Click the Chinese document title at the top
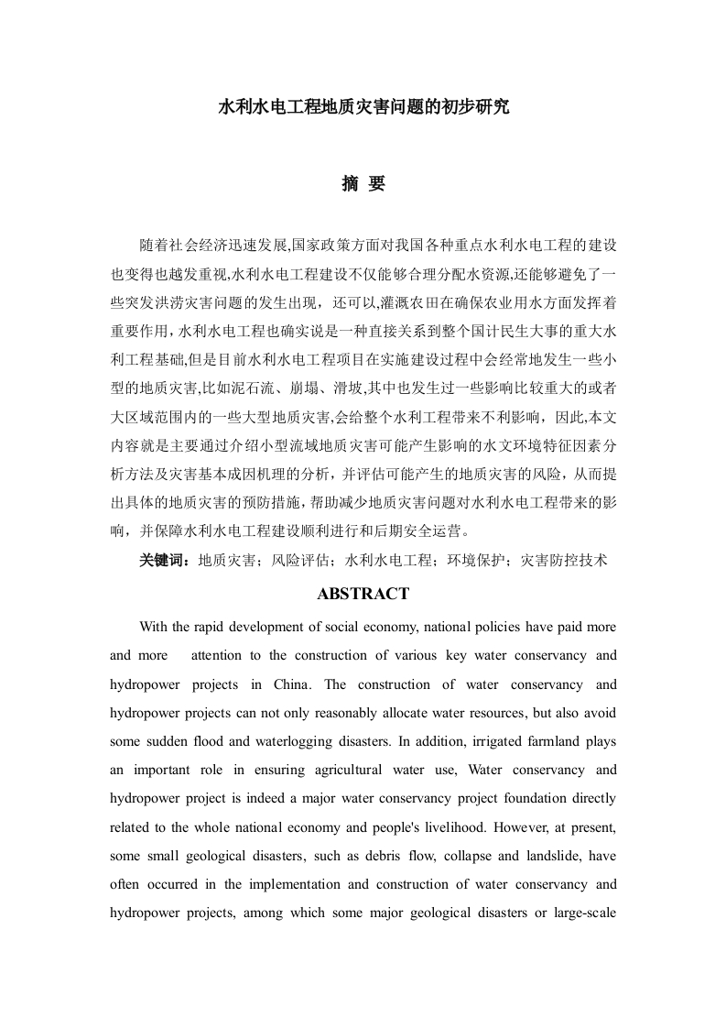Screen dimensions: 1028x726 point(363,107)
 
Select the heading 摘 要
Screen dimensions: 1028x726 point(363,184)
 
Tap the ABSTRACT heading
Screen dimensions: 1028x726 point(363,594)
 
